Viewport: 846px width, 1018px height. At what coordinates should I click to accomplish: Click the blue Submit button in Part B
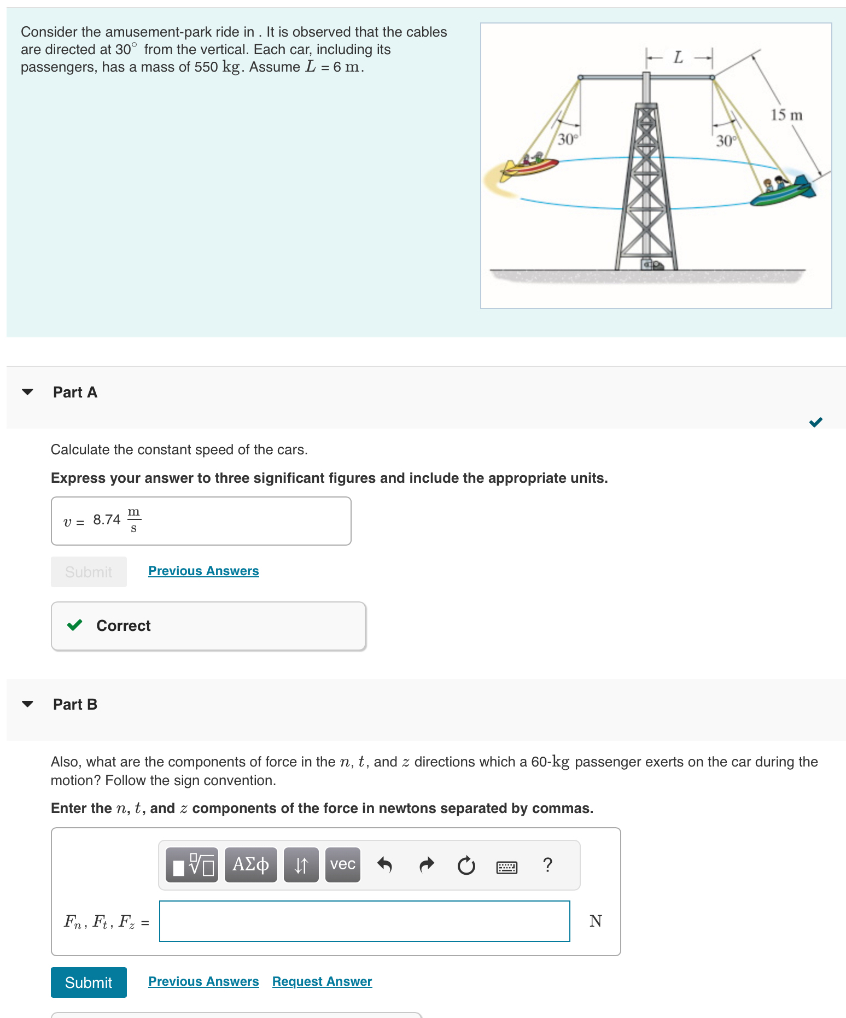tap(89, 982)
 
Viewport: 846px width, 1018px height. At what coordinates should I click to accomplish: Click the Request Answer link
tap(322, 981)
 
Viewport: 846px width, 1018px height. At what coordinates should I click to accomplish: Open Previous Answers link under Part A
tap(203, 571)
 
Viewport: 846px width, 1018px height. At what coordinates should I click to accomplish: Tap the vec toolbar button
tap(342, 865)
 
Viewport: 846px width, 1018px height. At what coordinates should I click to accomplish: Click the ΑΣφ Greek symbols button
tap(250, 865)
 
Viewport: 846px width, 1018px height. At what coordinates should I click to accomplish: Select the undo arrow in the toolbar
tap(384, 865)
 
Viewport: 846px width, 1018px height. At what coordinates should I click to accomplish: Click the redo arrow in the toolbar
tap(426, 865)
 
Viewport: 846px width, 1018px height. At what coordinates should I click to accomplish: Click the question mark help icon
tap(547, 865)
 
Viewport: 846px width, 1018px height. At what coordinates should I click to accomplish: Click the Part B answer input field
tap(364, 921)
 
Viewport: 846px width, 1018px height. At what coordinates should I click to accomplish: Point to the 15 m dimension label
tap(786, 115)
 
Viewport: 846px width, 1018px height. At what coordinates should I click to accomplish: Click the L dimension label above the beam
tap(678, 57)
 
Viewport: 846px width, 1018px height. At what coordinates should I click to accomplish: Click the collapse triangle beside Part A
tap(27, 392)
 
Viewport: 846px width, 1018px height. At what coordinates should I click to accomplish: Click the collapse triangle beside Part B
tap(27, 704)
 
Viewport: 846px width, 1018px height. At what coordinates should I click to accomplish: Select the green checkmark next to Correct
tap(74, 625)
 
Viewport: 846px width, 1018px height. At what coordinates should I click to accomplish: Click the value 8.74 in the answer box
tap(107, 520)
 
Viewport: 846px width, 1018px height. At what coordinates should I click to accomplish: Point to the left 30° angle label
tap(568, 139)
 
